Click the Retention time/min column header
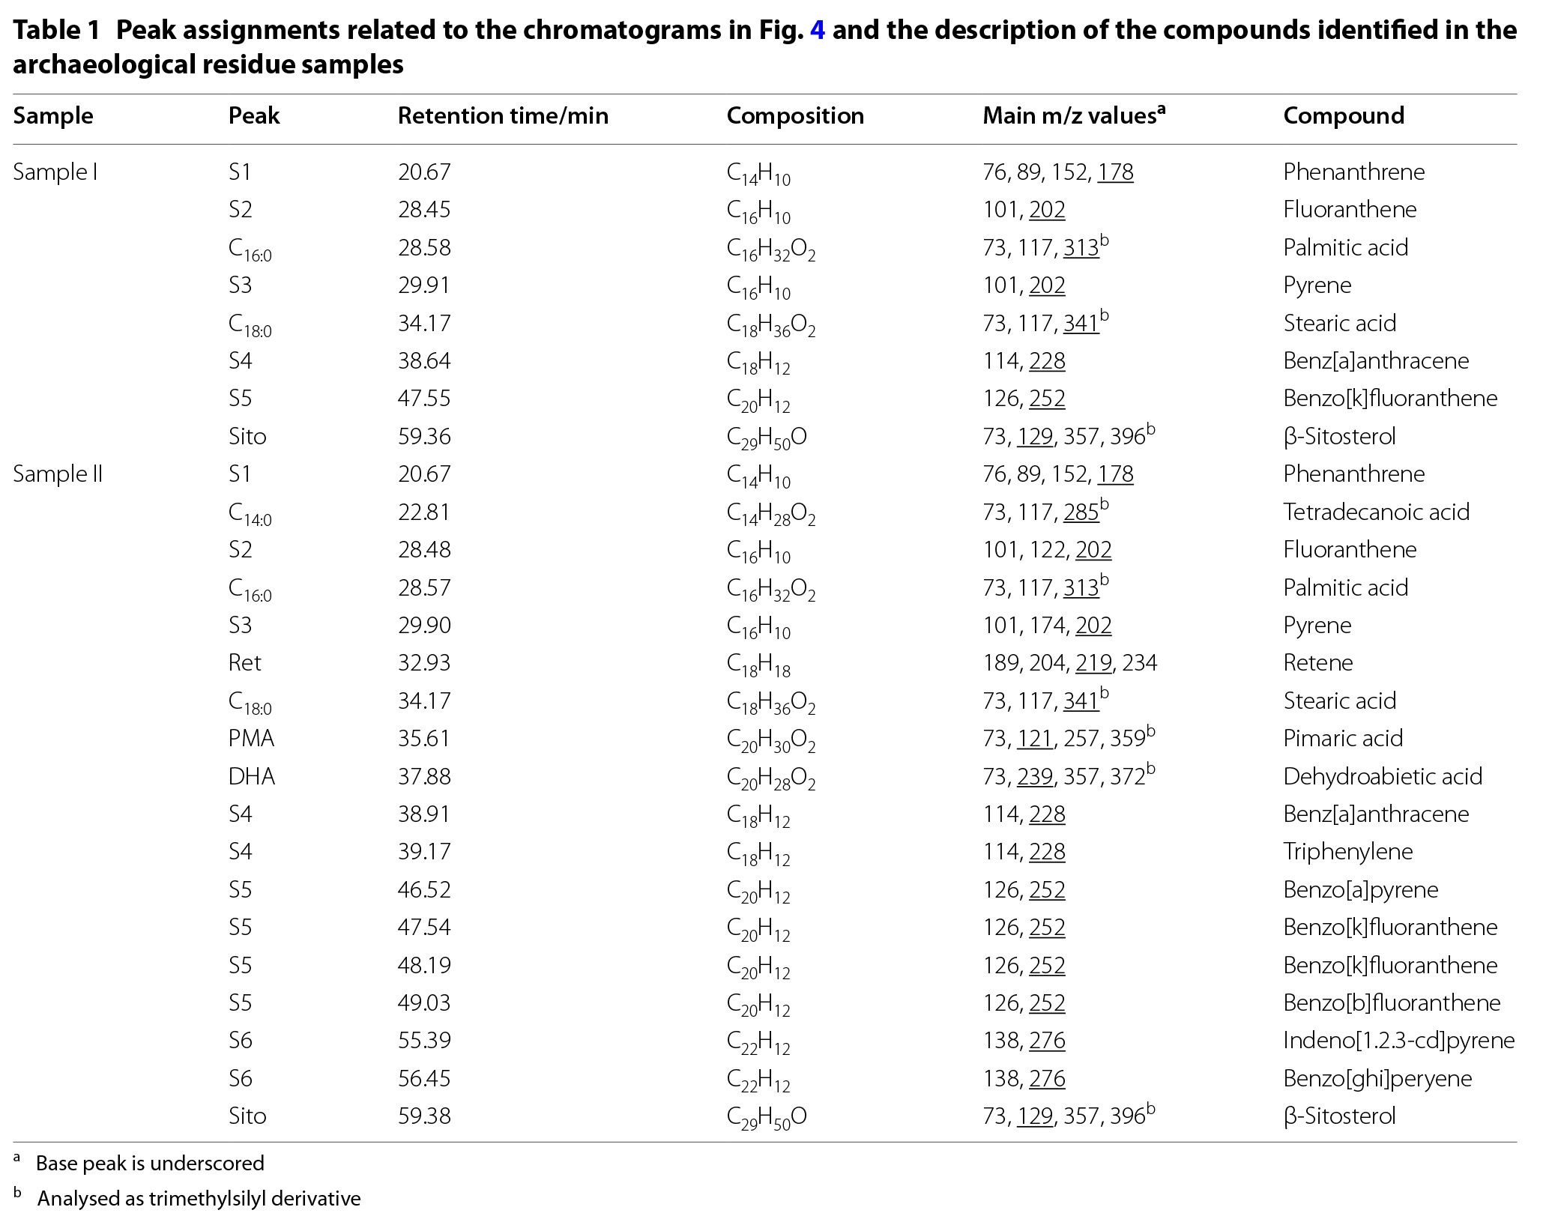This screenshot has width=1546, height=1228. tap(503, 116)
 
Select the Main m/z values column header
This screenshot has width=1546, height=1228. tap(1074, 115)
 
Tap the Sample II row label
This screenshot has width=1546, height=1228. tap(58, 474)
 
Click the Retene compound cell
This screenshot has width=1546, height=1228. tap(1317, 663)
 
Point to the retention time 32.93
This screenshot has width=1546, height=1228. tap(424, 663)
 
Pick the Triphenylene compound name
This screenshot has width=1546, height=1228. tap(1347, 852)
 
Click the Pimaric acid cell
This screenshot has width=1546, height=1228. tap(1342, 739)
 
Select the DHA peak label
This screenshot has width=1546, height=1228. tap(252, 777)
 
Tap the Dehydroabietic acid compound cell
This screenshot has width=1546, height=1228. tap(1383, 777)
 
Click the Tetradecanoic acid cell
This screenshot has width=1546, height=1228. tap(1376, 512)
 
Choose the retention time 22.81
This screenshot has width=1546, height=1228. tap(424, 512)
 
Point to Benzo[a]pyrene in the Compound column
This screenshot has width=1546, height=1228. tap(1360, 890)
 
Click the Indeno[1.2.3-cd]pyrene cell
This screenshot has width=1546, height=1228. tap(1398, 1041)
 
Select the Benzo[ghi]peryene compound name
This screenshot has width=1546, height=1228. tap(1377, 1079)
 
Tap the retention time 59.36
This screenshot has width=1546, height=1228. tap(424, 437)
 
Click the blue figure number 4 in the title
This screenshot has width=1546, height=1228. tap(818, 31)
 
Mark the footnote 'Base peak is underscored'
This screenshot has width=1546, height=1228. tap(150, 1164)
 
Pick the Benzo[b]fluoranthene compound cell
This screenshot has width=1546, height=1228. tap(1392, 1003)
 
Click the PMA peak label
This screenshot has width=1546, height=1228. tap(251, 739)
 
